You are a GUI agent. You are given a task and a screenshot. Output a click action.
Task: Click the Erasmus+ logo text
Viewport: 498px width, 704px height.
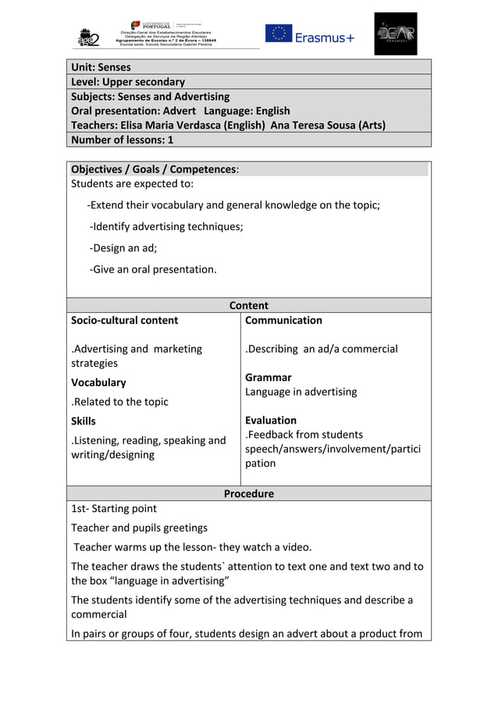tap(324, 37)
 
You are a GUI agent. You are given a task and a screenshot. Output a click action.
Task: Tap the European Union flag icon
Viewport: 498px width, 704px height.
tap(278, 34)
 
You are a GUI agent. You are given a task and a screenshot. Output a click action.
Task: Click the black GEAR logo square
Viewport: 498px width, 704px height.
tap(395, 34)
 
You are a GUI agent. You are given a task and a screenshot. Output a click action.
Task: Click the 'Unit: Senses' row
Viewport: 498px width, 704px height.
tap(101, 67)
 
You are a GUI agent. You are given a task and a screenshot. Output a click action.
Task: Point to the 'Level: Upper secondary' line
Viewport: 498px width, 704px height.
tap(128, 82)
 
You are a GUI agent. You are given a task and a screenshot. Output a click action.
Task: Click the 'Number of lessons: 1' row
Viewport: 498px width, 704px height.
tap(122, 140)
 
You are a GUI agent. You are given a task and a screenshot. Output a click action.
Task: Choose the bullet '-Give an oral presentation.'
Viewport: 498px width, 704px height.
tap(153, 269)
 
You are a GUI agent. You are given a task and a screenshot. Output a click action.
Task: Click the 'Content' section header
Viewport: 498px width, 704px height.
tap(248, 306)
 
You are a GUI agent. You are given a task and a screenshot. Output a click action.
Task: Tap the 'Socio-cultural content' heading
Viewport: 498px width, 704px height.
tap(124, 320)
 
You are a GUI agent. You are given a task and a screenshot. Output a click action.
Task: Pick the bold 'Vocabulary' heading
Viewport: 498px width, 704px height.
tap(98, 382)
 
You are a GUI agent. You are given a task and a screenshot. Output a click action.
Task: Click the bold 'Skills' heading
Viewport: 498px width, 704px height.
tap(84, 421)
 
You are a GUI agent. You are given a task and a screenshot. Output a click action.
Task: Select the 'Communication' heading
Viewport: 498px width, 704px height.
tap(283, 320)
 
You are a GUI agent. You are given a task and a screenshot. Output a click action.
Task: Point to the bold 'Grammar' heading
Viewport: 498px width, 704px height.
tap(268, 377)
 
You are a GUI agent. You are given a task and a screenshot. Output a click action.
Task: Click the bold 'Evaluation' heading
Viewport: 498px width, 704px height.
tap(270, 420)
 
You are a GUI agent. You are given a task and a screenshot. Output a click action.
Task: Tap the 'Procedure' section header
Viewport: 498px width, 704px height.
tap(248, 494)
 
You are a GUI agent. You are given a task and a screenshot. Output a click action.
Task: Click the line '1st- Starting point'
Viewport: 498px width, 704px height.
tap(114, 509)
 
